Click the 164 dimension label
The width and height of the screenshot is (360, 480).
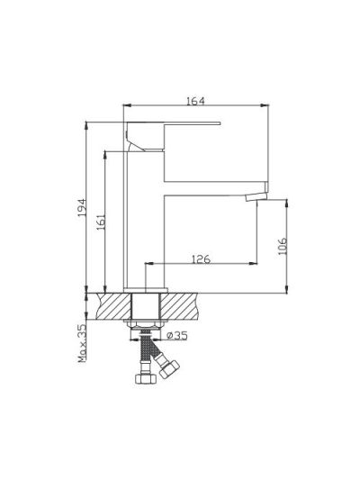coord(195,101)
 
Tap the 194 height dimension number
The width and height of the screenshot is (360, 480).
coord(82,208)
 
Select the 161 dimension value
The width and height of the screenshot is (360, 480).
coord(101,222)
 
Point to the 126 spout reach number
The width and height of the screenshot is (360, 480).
coord(201,259)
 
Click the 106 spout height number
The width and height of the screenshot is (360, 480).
coord(283,246)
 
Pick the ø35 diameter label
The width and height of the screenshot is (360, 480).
coord(176,336)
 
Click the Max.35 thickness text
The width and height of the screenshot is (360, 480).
coord(82,343)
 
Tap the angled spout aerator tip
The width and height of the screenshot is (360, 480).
coord(256,197)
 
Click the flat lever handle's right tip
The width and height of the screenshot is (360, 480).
coord(219,123)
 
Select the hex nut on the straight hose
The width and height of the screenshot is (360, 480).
coord(146,378)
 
